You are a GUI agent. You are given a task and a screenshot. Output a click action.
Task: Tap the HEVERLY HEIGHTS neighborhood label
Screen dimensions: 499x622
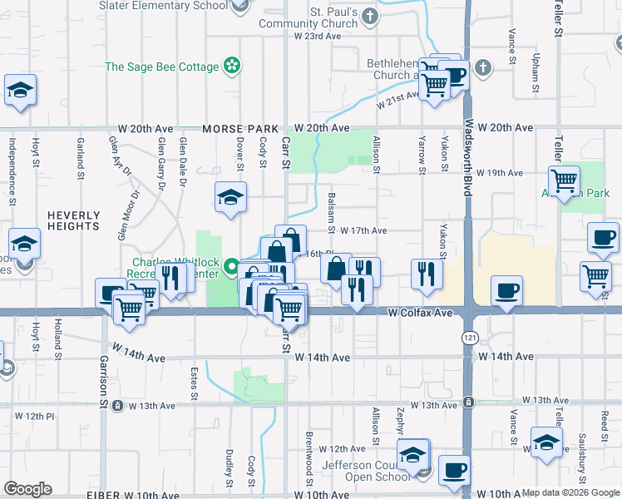pos(73,220)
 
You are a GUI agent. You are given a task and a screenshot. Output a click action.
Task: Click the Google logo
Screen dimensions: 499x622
pos(27,489)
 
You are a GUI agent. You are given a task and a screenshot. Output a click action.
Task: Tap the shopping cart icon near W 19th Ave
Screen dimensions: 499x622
pos(565,180)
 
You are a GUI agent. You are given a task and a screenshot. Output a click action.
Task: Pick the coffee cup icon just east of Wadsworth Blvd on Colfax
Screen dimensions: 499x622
pos(506,291)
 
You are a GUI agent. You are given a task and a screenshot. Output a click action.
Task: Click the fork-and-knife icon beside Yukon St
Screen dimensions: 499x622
pos(427,274)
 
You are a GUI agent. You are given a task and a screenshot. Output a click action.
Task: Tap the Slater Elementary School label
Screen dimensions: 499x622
pos(163,5)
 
